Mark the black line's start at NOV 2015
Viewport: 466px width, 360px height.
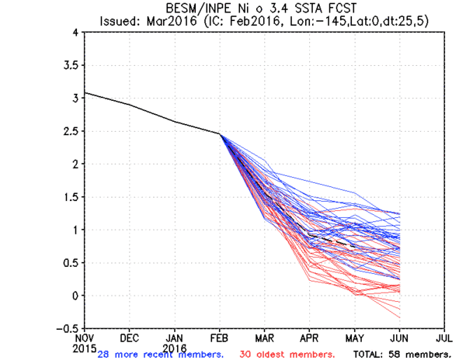pyautogui.click(x=85, y=93)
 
